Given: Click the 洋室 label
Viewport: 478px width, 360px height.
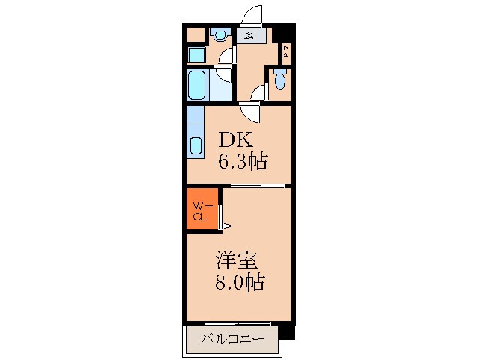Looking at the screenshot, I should pyautogui.click(x=237, y=262).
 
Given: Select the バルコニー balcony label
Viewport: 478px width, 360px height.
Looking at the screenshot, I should pyautogui.click(x=233, y=340).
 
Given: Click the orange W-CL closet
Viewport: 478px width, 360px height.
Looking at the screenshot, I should pyautogui.click(x=201, y=211).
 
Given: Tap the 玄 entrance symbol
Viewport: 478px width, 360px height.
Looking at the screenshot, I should pyautogui.click(x=248, y=34).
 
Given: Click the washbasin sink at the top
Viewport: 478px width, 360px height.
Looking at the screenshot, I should pyautogui.click(x=220, y=34).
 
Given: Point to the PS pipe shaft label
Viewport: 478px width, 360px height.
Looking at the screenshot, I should pyautogui.click(x=287, y=52).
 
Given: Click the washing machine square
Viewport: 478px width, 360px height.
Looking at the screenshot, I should pyautogui.click(x=195, y=55).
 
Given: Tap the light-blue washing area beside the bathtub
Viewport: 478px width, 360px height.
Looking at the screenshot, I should pyautogui.click(x=221, y=85).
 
